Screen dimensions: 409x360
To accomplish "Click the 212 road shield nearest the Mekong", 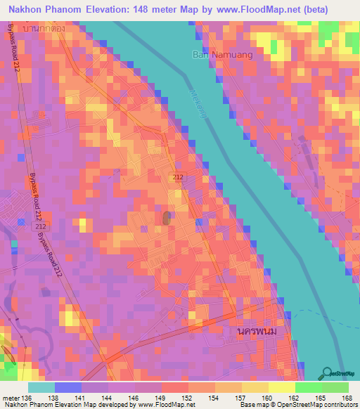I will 179,180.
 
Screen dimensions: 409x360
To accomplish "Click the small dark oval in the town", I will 167,218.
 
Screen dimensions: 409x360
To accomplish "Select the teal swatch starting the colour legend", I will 41,387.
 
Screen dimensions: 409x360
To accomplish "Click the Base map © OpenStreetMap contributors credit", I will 297,405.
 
